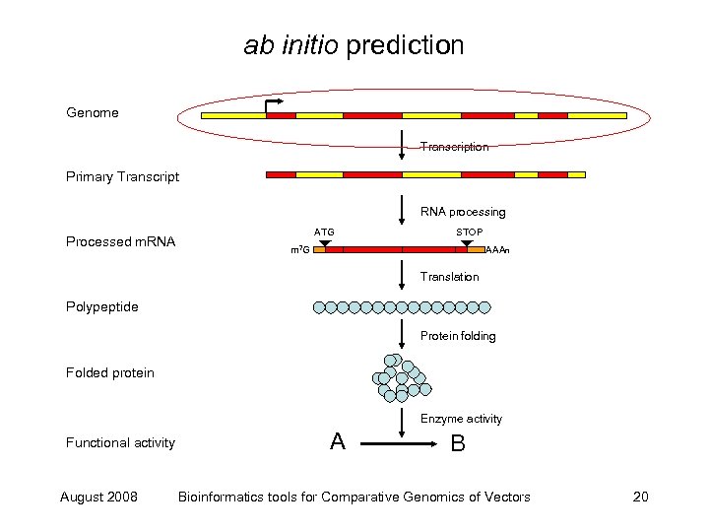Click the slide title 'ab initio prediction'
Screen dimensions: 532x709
(x=354, y=45)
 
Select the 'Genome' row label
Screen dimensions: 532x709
(x=93, y=112)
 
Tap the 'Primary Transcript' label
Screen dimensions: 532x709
(x=122, y=177)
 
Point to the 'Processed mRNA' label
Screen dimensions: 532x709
(x=120, y=241)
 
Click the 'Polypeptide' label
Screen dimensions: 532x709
(x=101, y=306)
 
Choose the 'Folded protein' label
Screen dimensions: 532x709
(x=110, y=372)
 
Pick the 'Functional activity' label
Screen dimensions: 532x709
(x=120, y=442)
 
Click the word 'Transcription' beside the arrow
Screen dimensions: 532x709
(x=454, y=147)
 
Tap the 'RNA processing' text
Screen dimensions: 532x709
(x=463, y=212)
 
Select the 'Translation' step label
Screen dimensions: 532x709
(x=449, y=277)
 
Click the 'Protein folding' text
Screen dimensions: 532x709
(x=458, y=336)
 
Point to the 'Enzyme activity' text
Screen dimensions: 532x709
(x=461, y=419)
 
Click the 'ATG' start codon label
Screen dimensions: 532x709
(x=324, y=233)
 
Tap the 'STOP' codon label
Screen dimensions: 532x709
(x=470, y=233)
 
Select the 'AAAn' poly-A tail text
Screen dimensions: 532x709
(x=498, y=251)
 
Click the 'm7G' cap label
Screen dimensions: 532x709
(x=300, y=251)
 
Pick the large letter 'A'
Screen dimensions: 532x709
(x=338, y=442)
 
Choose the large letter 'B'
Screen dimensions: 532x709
(x=458, y=444)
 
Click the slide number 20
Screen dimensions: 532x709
(x=640, y=497)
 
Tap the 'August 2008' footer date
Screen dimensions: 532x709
(x=98, y=497)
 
